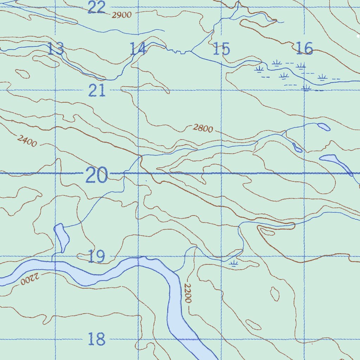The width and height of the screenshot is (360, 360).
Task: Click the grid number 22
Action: coord(96,7)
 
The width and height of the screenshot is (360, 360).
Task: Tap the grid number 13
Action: coord(56,49)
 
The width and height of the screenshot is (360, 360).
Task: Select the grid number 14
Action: coord(138,49)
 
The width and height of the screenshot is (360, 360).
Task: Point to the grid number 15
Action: coord(221,49)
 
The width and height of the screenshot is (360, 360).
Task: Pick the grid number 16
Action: coord(304,49)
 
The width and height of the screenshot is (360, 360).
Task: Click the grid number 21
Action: coord(97,91)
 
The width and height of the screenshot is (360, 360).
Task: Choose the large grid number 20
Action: coord(96,175)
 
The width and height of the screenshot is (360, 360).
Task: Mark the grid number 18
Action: coord(96,340)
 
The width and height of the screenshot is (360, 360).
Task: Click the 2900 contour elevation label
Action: coord(122,15)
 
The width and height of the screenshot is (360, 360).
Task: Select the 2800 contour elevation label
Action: coord(203,128)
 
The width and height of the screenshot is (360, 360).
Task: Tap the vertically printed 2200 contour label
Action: coord(188,293)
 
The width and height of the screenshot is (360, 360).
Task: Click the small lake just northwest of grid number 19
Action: coord(62,238)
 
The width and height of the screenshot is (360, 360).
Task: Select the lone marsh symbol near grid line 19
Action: coord(234,263)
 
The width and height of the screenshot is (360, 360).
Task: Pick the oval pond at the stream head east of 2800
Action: coord(323,127)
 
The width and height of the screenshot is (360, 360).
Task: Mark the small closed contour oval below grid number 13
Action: coord(23,74)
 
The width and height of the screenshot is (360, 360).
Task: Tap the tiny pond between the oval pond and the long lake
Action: coord(297,148)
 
